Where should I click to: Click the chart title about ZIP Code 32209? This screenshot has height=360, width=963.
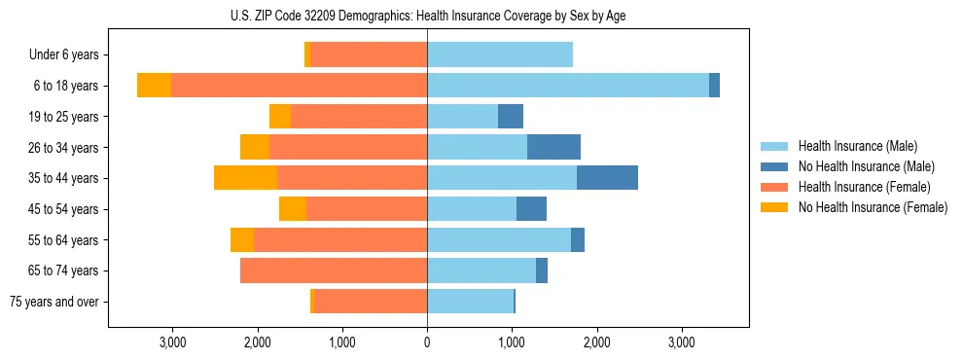[427, 16]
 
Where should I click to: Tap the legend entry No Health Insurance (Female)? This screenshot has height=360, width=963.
[873, 207]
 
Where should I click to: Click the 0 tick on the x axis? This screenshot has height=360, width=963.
[427, 342]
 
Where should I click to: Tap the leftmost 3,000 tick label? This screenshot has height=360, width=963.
[172, 342]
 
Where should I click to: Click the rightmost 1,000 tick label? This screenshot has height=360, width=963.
[512, 342]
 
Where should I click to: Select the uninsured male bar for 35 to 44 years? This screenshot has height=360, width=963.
[607, 178]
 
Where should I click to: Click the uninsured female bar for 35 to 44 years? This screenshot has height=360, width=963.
[245, 178]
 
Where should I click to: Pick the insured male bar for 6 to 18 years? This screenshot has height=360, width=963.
[568, 86]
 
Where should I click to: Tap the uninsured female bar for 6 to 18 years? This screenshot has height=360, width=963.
[154, 86]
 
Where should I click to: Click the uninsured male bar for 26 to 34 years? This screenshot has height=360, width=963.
[553, 147]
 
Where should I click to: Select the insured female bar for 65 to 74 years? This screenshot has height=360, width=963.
[334, 270]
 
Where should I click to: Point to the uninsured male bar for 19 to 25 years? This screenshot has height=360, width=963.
[511, 117]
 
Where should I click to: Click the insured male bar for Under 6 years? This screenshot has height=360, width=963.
[500, 55]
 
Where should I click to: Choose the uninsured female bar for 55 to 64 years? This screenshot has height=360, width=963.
[242, 239]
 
